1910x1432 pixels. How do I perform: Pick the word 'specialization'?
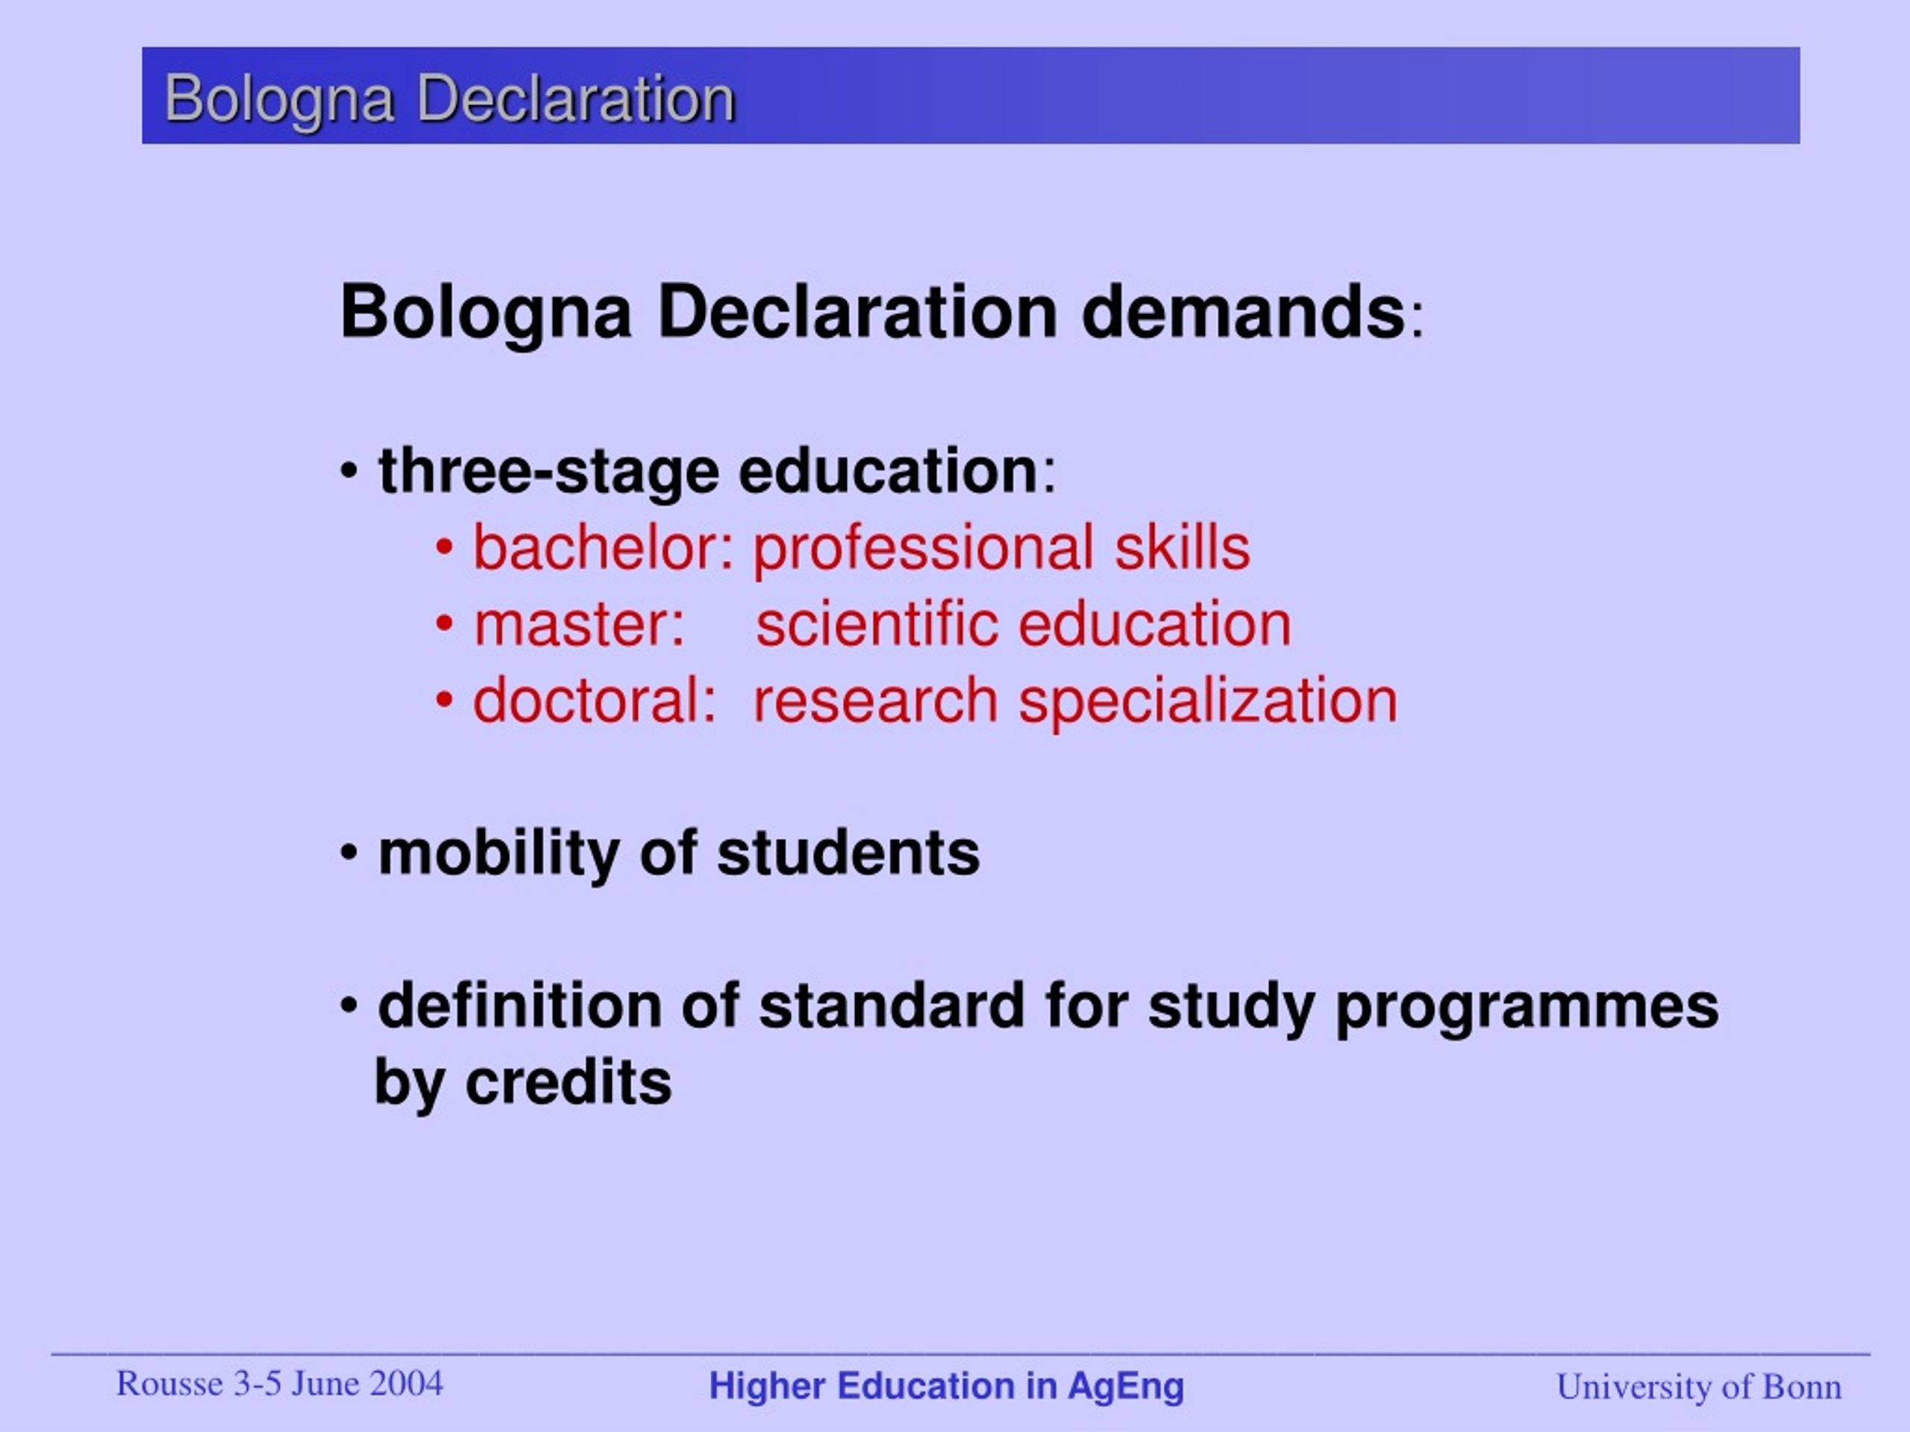[x=1207, y=701]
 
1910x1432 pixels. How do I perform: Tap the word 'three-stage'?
[x=548, y=472]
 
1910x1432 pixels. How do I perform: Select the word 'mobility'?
[x=498, y=855]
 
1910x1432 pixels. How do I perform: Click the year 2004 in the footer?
[x=405, y=1384]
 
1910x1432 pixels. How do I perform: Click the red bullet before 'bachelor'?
[x=444, y=547]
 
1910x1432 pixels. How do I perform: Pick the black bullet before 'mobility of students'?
[x=349, y=852]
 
